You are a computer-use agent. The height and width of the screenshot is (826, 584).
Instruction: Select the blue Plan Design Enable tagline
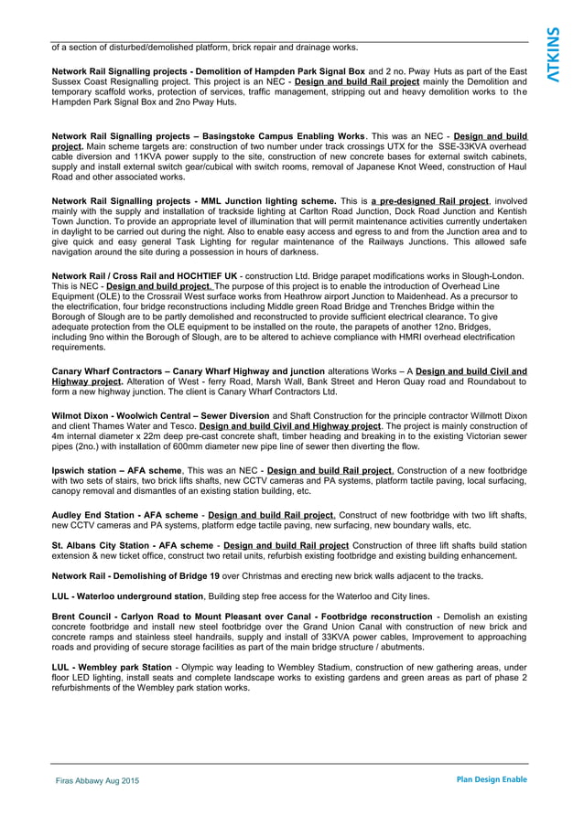[492, 779]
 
